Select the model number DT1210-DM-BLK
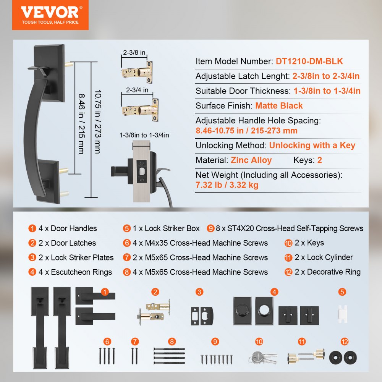click(x=309, y=62)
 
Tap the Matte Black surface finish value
click(x=279, y=106)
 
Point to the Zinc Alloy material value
click(x=251, y=160)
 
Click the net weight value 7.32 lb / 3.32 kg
click(x=227, y=185)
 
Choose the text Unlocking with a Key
click(x=312, y=146)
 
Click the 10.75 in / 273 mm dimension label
click(x=97, y=122)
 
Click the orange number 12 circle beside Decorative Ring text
click(x=289, y=272)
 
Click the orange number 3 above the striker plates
click(x=199, y=292)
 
